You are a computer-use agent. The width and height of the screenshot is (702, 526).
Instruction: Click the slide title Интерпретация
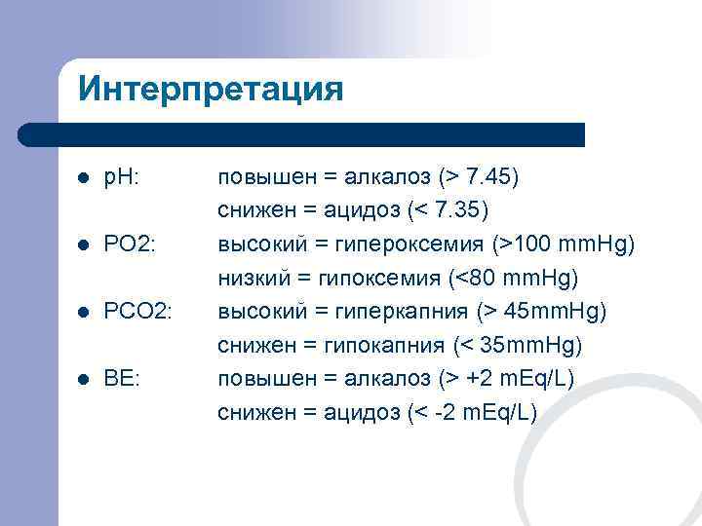pyautogui.click(x=211, y=90)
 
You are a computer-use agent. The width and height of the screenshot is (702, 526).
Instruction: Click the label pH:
pyautogui.click(x=122, y=178)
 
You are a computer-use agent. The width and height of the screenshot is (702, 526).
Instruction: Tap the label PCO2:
pyautogui.click(x=138, y=312)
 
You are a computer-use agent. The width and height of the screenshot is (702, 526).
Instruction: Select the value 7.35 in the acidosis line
pyautogui.click(x=484, y=211)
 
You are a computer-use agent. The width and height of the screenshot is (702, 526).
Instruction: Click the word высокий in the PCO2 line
pyautogui.click(x=256, y=312)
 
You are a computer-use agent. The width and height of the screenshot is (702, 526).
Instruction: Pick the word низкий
pyautogui.click(x=249, y=279)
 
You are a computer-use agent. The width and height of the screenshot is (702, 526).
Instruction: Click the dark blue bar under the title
pyautogui.click(x=302, y=134)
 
